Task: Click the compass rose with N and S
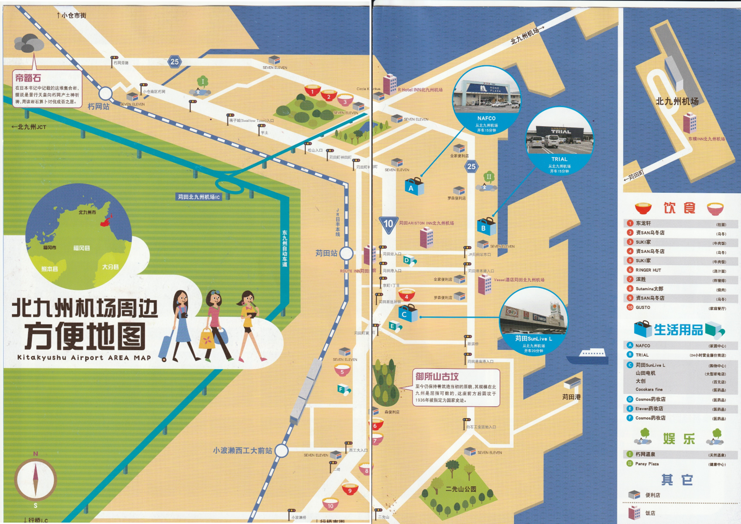[x=35, y=479]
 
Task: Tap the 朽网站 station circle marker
[x=105, y=94]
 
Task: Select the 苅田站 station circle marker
[x=346, y=253]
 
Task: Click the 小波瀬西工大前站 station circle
[x=281, y=450]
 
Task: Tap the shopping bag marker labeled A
[x=413, y=186]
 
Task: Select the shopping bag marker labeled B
[x=485, y=226]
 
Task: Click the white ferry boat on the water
[x=588, y=355]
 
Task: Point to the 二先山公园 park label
[x=461, y=489]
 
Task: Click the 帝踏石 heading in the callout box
[x=28, y=78]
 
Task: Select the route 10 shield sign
[x=388, y=225]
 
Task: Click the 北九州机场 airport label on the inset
[x=677, y=102]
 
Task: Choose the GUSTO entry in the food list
[x=643, y=307]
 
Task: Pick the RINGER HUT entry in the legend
[x=648, y=270]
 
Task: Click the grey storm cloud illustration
[x=29, y=43]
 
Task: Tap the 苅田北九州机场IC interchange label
[x=199, y=197]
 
